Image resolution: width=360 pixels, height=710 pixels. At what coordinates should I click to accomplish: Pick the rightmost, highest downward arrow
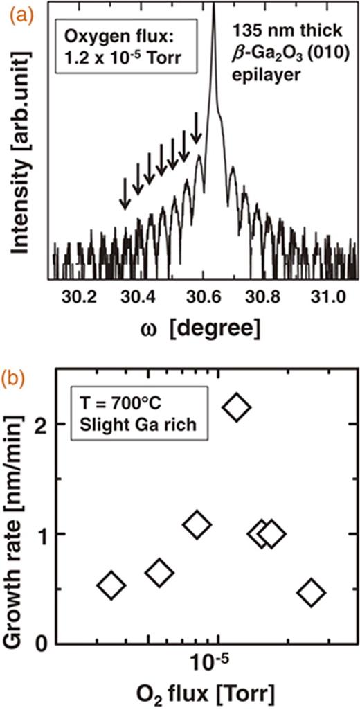click(198, 128)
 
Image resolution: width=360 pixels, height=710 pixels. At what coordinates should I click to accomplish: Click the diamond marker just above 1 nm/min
click(197, 524)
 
